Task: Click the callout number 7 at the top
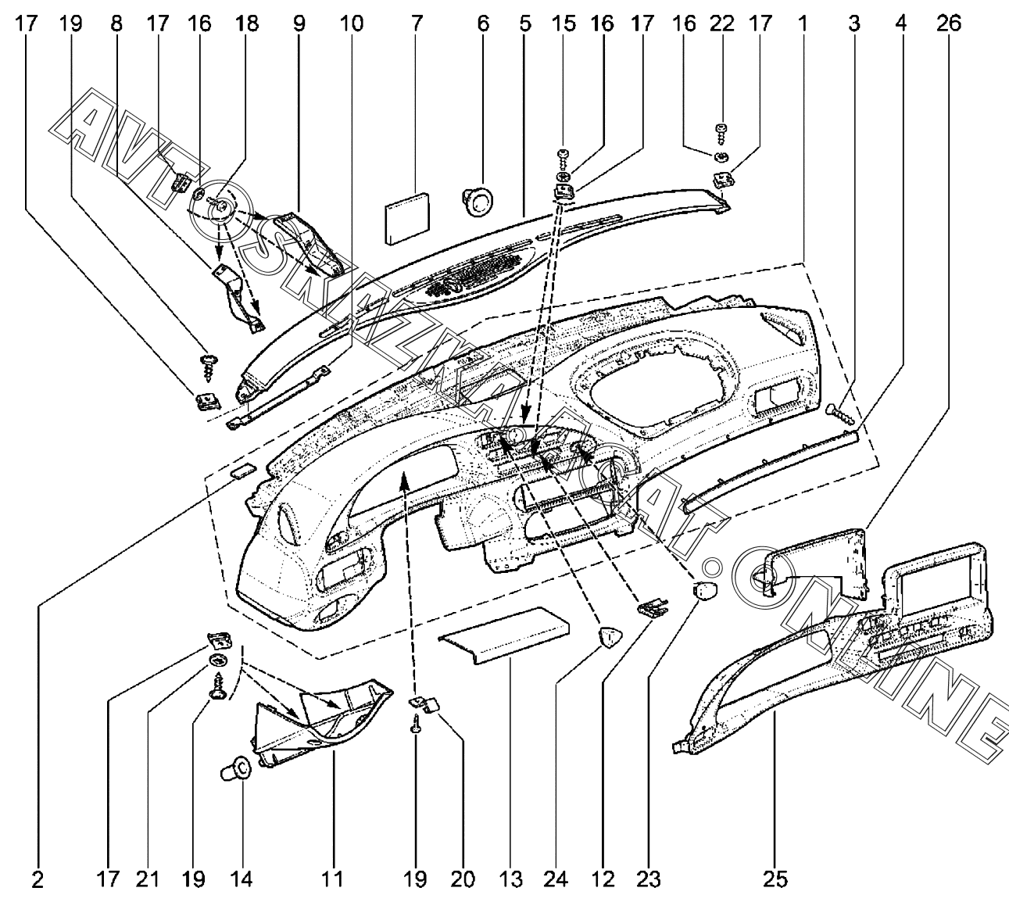415,24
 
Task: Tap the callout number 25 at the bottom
775,880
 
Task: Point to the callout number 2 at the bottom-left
37,880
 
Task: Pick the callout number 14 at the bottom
242,880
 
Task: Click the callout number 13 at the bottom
510,880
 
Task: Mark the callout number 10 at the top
351,24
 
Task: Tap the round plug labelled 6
478,199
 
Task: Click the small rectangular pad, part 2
242,471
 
